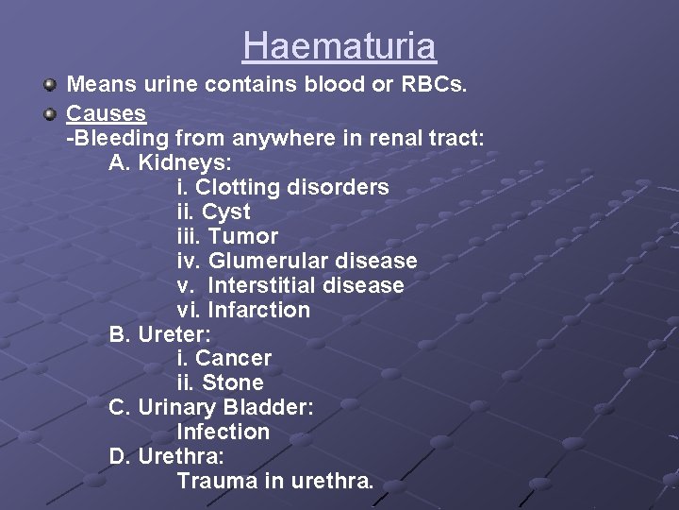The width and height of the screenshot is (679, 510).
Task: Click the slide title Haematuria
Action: (x=339, y=46)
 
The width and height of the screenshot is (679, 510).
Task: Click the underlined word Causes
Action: (x=106, y=113)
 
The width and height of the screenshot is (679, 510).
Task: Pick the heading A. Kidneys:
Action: (x=171, y=162)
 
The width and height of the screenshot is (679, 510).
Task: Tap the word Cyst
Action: (x=226, y=212)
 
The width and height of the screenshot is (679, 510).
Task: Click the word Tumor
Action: (x=243, y=236)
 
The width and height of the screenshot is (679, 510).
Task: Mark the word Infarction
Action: (x=258, y=310)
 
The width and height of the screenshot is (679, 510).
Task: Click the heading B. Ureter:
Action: (x=160, y=334)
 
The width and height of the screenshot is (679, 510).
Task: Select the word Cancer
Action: (x=233, y=359)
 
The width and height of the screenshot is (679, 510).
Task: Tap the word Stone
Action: (x=233, y=383)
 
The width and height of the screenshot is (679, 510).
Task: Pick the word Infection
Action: (x=224, y=433)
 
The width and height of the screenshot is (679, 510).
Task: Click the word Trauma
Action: (x=218, y=482)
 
